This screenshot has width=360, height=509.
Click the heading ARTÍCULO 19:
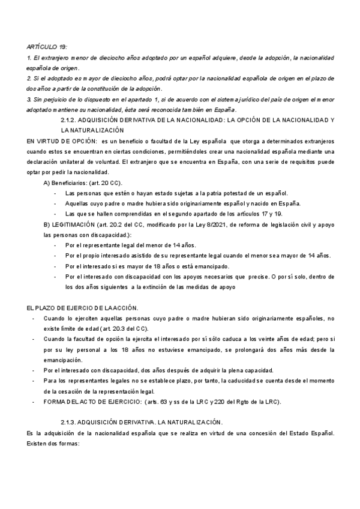tap(47, 46)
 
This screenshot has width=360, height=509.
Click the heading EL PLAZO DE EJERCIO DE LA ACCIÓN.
tap(83, 307)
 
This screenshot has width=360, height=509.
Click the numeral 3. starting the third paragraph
tap(29, 98)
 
